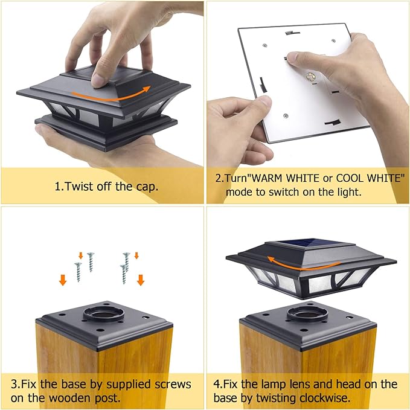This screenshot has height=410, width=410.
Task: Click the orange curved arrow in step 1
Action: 110,97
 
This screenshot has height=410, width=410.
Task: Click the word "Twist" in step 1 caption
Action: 78,187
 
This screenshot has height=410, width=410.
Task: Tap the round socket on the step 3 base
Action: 103,312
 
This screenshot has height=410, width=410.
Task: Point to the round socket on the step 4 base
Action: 307,312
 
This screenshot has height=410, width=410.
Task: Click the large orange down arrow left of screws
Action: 63,280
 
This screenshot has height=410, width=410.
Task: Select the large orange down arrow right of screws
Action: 141,280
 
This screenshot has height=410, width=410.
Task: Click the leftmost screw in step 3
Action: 78,272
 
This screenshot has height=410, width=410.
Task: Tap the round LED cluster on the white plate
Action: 310,77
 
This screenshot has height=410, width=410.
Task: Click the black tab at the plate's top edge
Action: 292,33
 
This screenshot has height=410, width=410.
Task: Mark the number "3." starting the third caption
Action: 15,385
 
